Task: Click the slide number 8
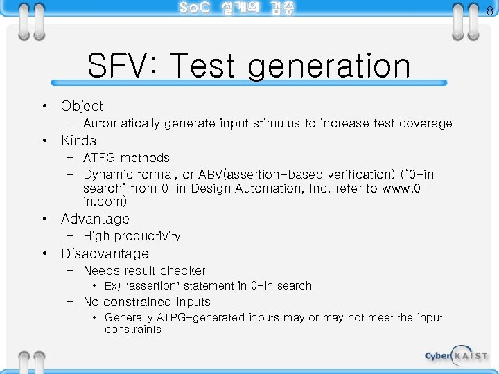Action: click(x=489, y=10)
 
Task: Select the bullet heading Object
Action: click(x=82, y=106)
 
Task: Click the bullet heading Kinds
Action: click(x=78, y=141)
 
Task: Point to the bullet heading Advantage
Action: click(x=95, y=219)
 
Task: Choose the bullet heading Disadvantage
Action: click(x=105, y=253)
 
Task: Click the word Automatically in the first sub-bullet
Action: click(x=121, y=124)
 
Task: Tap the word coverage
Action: click(x=425, y=124)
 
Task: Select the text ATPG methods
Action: click(x=126, y=158)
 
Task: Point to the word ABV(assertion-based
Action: click(x=253, y=175)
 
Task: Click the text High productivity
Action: click(x=132, y=236)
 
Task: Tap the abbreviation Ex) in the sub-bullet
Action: click(x=113, y=286)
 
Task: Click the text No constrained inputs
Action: click(x=146, y=302)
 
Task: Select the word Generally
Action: click(x=129, y=318)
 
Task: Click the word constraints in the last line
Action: click(x=133, y=330)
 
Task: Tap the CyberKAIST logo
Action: click(x=455, y=355)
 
